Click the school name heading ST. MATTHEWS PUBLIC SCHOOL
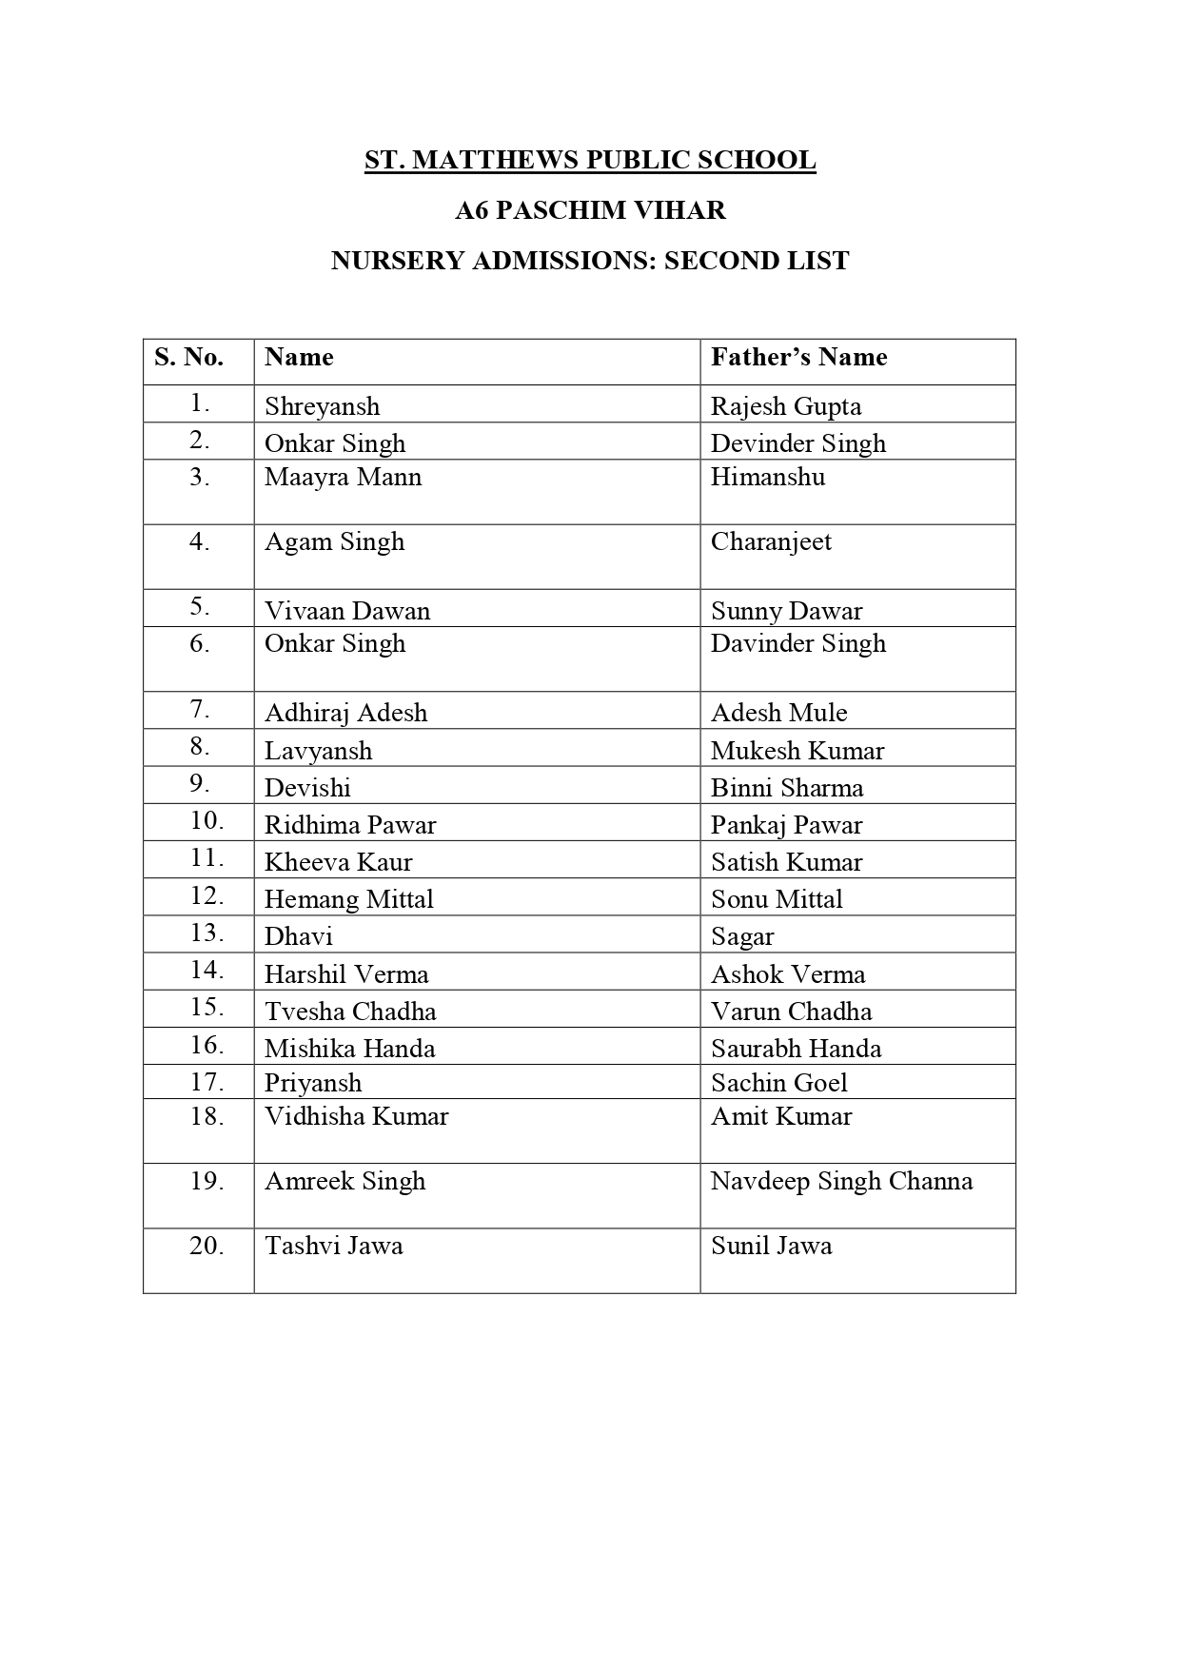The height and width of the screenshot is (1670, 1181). tap(590, 160)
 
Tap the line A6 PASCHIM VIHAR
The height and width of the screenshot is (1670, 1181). tap(590, 210)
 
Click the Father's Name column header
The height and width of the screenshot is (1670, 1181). tap(798, 357)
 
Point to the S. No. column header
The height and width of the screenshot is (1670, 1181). tap(188, 357)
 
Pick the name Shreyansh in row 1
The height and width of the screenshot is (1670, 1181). tap(322, 406)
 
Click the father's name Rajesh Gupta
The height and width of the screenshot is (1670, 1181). tap(786, 406)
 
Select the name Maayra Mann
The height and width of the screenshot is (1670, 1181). tap(343, 477)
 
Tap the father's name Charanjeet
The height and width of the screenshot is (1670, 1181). tap(771, 541)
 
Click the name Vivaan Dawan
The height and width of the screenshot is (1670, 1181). tap(347, 611)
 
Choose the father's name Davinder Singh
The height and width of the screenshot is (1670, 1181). tap(798, 643)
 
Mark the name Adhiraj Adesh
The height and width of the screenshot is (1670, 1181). tap(345, 713)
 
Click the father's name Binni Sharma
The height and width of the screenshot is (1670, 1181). tap(787, 788)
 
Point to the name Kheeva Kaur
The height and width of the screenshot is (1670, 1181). tap(338, 862)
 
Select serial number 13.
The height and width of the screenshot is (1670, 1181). tap(207, 933)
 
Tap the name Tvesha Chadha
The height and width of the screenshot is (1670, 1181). tap(350, 1012)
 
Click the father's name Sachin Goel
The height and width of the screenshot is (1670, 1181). tap(778, 1083)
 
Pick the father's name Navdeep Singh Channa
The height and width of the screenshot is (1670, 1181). tap(841, 1181)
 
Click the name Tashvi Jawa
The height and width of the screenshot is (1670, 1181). tap(333, 1246)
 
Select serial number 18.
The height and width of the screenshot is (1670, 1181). tap(207, 1116)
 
